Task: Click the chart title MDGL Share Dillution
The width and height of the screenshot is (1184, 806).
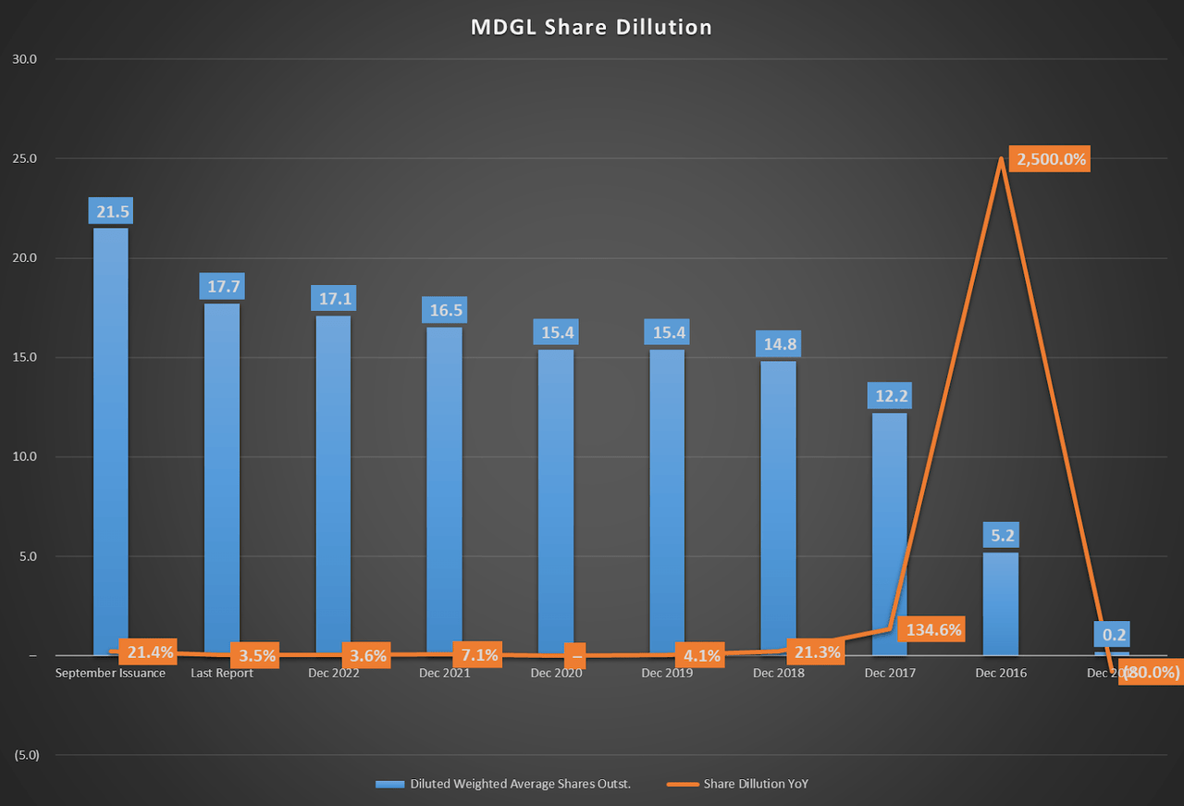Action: click(x=591, y=27)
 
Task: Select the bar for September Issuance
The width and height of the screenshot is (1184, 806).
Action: click(x=111, y=444)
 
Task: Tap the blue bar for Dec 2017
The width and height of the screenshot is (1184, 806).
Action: click(x=889, y=537)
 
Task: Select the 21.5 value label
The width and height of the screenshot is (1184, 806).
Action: click(x=112, y=211)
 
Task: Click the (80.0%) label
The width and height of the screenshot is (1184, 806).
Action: click(x=1152, y=673)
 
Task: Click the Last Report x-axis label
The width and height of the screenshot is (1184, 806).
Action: click(x=222, y=674)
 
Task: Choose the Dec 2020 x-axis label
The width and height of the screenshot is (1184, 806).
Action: click(x=556, y=674)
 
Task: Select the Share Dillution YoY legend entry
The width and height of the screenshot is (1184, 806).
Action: click(x=756, y=784)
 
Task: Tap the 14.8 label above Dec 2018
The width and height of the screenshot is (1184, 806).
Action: click(x=778, y=344)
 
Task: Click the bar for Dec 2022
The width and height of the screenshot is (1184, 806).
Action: click(x=333, y=486)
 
